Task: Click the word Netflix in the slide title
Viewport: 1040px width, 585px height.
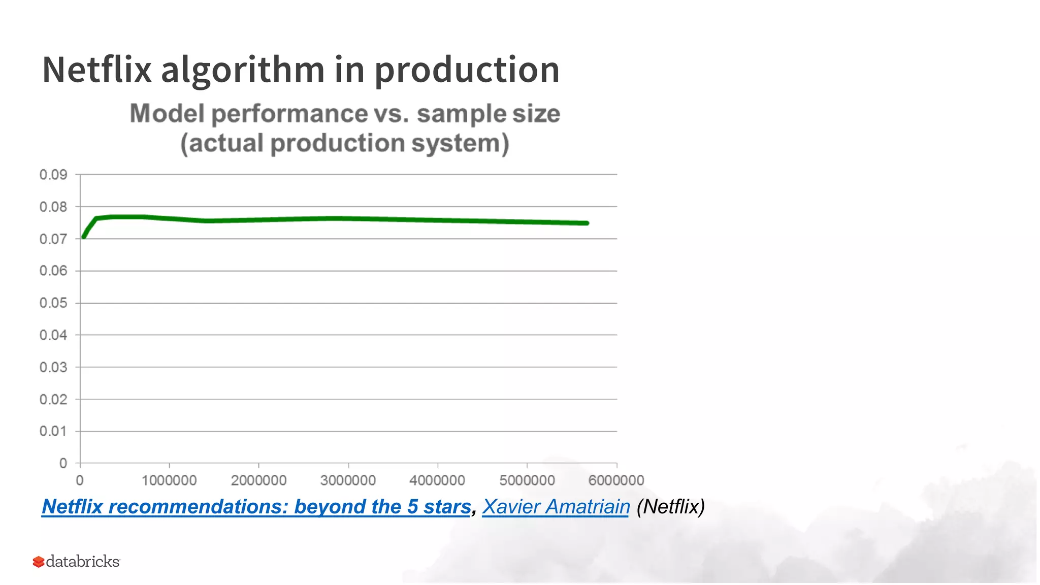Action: coord(96,70)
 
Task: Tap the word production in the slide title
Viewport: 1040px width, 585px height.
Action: coord(467,70)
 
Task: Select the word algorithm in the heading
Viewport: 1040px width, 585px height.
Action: coord(243,70)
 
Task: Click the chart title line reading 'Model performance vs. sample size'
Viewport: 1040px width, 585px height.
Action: coord(345,113)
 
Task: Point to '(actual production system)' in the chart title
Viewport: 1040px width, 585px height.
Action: coord(345,143)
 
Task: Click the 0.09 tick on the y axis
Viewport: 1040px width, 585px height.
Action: coord(53,175)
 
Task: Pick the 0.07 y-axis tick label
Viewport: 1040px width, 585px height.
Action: coord(53,239)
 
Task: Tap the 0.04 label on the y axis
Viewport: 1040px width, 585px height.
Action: coord(53,335)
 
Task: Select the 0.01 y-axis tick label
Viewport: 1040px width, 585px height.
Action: coord(53,431)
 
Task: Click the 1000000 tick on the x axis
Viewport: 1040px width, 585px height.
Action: coord(169,480)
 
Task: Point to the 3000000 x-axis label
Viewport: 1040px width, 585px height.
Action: coord(348,480)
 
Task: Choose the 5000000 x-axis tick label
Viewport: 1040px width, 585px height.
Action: coord(527,480)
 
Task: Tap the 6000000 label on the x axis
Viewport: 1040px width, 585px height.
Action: coord(616,480)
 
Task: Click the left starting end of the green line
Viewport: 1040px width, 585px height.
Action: coord(84,237)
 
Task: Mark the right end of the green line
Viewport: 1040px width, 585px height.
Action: coord(587,223)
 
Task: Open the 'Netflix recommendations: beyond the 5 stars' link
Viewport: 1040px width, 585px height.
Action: coord(256,507)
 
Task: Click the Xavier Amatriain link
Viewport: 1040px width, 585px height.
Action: coord(556,507)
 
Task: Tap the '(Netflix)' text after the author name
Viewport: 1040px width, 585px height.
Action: coord(670,507)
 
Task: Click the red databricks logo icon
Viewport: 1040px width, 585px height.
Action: coord(39,562)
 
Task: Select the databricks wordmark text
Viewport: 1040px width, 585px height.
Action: coord(83,561)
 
